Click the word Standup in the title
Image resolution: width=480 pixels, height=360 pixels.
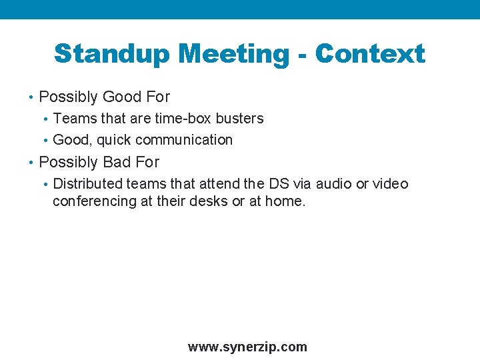[111, 54]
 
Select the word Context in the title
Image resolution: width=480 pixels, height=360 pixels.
[370, 54]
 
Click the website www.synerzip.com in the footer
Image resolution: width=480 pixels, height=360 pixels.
[247, 347]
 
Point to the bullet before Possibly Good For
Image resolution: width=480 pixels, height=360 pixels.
[31, 97]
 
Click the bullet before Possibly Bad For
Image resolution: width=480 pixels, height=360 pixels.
[31, 163]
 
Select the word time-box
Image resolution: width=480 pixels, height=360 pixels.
[183, 119]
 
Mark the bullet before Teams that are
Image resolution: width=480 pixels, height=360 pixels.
[45, 119]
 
